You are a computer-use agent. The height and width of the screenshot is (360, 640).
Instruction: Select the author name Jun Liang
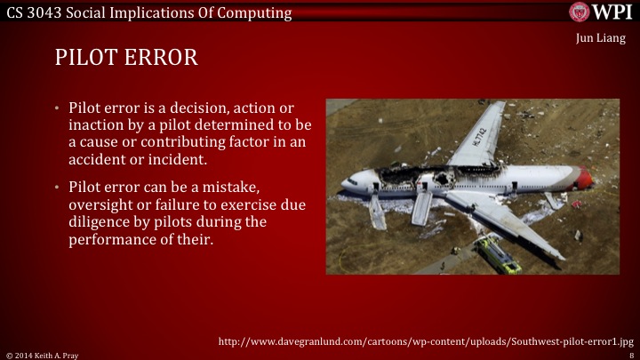pos(600,38)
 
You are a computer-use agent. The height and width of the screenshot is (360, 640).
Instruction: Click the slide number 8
pos(630,354)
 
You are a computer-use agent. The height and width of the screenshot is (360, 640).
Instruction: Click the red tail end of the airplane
pos(583,179)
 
